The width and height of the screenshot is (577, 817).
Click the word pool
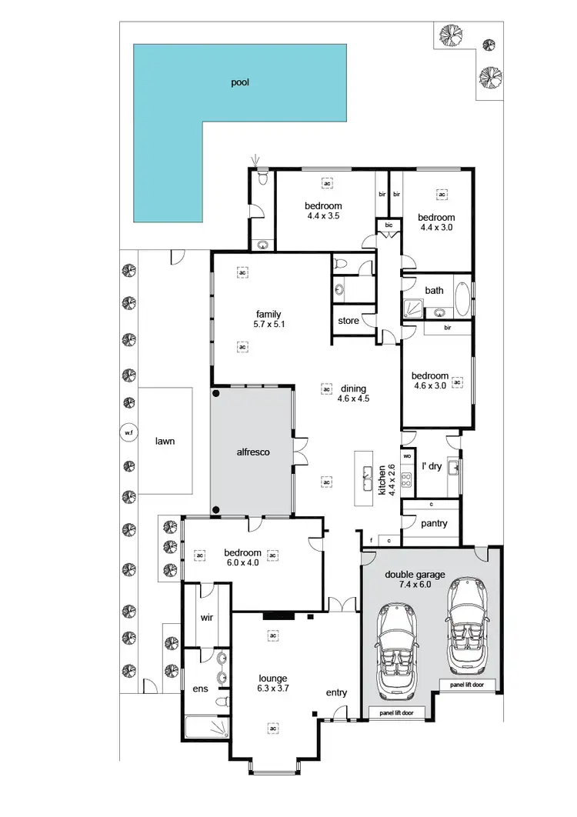tap(240, 82)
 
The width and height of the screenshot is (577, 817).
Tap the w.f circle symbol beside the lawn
tap(128, 434)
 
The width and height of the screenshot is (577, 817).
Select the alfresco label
tap(252, 453)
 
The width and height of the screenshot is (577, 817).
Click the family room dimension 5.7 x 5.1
tap(268, 325)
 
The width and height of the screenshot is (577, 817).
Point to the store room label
tap(349, 321)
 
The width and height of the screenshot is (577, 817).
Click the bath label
tap(435, 290)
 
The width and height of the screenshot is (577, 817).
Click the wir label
tap(206, 617)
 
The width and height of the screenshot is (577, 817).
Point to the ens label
tap(200, 689)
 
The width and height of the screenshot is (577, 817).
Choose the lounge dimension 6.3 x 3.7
tap(273, 690)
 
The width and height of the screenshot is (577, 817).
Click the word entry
tap(336, 692)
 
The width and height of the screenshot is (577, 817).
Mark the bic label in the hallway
tap(389, 225)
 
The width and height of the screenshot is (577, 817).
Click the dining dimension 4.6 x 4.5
tap(353, 399)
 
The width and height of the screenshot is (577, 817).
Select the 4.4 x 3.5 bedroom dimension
tap(323, 216)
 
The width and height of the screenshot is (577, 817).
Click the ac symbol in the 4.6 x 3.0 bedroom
tap(456, 382)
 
